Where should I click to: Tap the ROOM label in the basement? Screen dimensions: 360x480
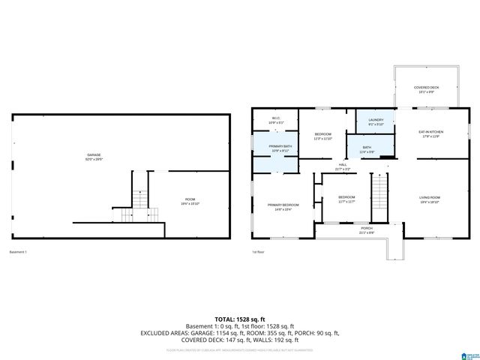[190, 199]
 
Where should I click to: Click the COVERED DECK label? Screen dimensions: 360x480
[427, 88]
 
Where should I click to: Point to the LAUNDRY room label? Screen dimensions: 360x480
[376, 119]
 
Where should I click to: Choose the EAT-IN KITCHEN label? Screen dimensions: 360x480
[430, 132]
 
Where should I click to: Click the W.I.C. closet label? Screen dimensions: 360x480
[276, 117]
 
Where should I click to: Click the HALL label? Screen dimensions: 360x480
[342, 164]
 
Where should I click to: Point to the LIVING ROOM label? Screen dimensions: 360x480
[430, 197]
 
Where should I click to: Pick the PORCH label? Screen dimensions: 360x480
[367, 228]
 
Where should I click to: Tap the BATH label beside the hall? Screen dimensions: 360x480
[367, 147]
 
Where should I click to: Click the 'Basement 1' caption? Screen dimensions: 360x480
[19, 251]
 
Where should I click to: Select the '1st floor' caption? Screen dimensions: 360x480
[259, 251]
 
